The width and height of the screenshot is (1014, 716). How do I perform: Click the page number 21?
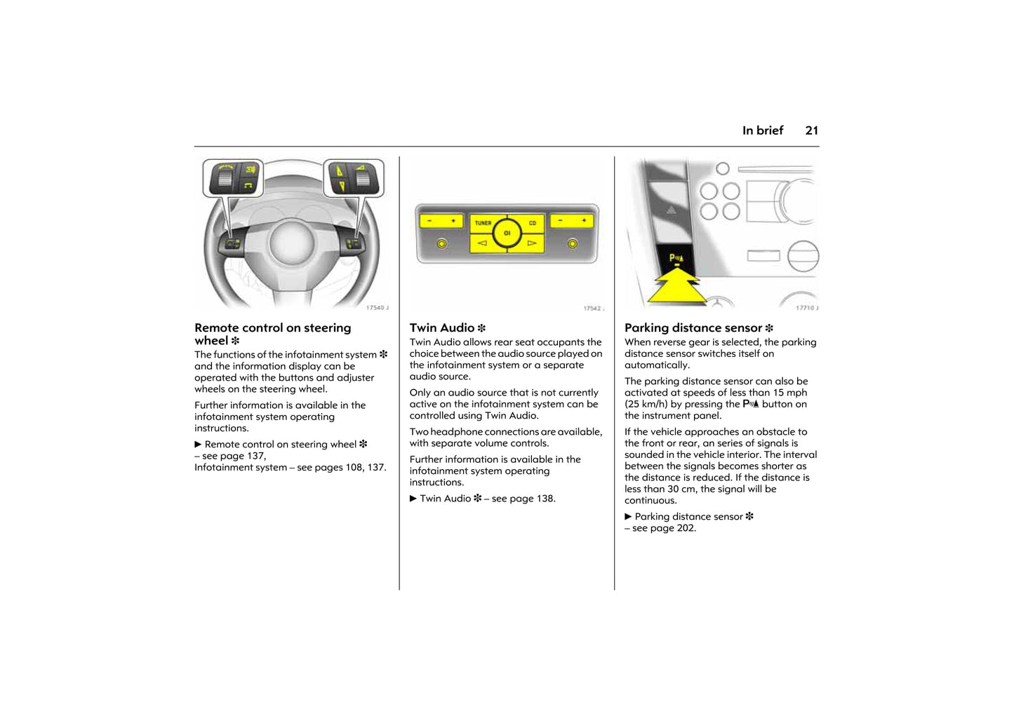coord(811,130)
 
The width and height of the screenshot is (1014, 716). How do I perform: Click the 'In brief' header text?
coord(762,130)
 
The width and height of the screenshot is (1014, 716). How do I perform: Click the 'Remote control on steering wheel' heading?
coord(272,334)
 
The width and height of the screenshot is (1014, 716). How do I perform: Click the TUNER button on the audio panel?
coord(483,223)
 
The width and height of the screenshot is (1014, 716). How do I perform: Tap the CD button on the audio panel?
coord(533,223)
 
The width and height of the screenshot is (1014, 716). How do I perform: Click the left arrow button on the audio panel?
coord(482,243)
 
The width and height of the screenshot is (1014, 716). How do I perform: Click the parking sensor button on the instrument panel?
coord(676,259)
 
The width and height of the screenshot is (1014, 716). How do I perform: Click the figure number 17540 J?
coord(377,308)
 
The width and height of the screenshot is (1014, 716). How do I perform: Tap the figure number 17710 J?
coord(806,308)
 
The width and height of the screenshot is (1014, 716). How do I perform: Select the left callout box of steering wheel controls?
coord(232,177)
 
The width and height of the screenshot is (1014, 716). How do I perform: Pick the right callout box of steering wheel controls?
coord(353,177)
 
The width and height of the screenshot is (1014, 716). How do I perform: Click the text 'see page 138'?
coord(523,499)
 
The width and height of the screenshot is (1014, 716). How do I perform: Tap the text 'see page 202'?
coord(664,528)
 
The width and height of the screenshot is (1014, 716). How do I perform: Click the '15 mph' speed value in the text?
coord(789,393)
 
